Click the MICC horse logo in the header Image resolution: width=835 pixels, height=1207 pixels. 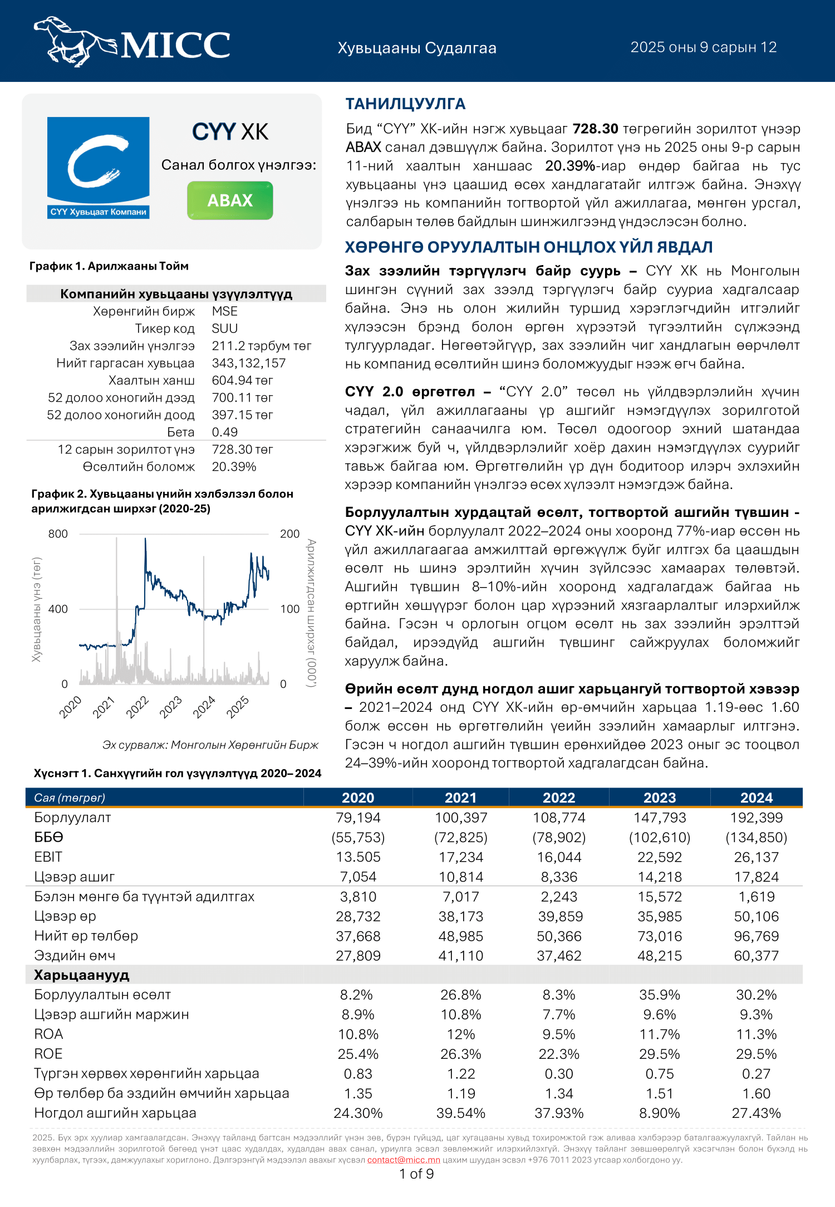coord(132,41)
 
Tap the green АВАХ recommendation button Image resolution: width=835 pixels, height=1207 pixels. coord(230,201)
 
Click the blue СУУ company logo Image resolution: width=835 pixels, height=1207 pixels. coord(98,167)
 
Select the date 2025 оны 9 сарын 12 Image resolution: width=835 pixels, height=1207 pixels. coord(703,47)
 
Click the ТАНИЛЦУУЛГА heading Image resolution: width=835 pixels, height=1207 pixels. coord(405,104)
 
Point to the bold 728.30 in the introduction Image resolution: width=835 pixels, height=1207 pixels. coord(595,129)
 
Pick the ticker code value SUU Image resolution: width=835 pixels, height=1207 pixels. coord(225,329)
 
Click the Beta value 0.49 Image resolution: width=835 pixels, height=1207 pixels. coord(225,432)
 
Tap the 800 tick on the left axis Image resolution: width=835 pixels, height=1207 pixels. coord(58,534)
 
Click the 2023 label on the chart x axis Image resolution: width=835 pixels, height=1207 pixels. coord(171,707)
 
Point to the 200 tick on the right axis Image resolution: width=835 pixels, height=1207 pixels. coord(289,534)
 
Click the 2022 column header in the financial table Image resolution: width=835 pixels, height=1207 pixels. coord(559,798)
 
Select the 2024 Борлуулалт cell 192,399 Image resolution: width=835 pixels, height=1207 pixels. coord(756,818)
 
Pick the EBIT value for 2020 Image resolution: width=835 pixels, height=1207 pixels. coord(358,857)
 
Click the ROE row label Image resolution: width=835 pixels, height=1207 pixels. coord(48,1054)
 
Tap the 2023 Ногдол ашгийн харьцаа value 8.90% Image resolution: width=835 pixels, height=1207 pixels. coord(659,1113)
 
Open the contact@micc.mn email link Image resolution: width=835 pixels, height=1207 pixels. coord(404,1160)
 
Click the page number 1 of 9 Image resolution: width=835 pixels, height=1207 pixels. coord(416,1174)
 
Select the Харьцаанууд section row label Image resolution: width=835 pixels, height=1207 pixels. coord(82,975)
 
